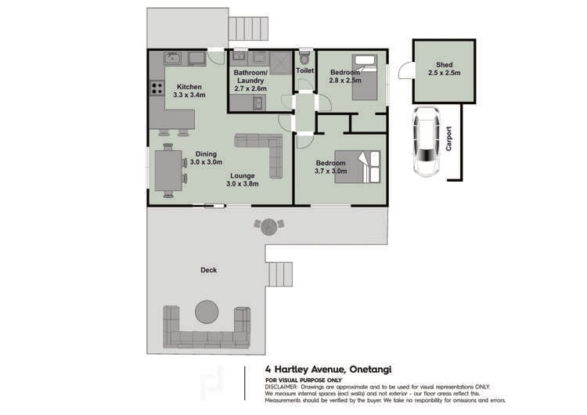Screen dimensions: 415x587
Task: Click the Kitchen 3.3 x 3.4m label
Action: click(189, 91)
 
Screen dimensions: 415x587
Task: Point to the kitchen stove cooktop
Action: click(156, 88)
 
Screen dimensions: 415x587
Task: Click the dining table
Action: click(167, 172)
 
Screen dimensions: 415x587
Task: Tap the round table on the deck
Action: click(207, 312)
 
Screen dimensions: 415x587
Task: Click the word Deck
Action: click(208, 270)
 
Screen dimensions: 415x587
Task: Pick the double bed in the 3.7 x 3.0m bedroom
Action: click(358, 167)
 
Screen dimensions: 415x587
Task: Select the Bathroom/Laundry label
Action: click(250, 81)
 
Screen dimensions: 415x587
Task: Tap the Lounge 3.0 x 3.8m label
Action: click(242, 180)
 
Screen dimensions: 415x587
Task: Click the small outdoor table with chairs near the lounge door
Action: click(268, 226)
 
